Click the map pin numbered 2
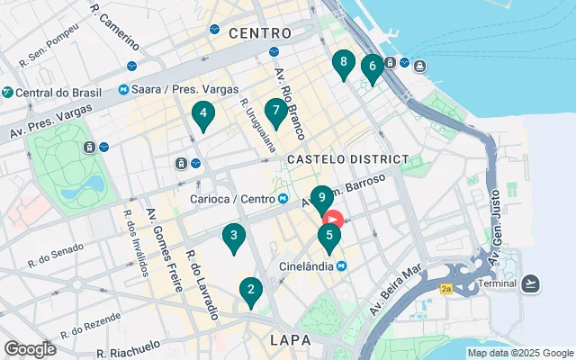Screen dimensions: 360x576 [x=250, y=290]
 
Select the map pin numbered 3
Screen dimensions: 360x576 [x=234, y=237]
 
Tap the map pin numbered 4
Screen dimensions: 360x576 [x=203, y=113]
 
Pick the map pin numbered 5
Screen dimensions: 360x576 [x=329, y=237]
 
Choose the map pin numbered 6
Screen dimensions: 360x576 [x=371, y=66]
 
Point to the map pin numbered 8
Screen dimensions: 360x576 [x=342, y=62]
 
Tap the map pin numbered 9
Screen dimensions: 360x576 [x=321, y=197]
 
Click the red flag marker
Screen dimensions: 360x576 [x=333, y=219]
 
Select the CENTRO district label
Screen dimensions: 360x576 [x=260, y=32]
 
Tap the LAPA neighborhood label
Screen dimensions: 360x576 [x=291, y=341]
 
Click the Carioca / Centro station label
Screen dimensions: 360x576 [x=232, y=199]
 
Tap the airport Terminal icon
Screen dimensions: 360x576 [x=530, y=284]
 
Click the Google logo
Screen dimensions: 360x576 [x=30, y=348]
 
